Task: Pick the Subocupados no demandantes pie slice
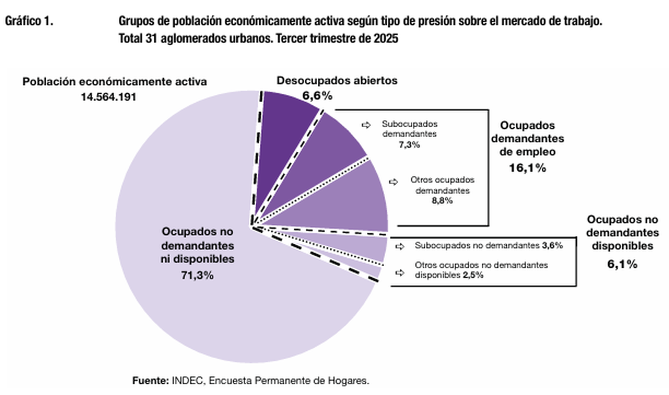click(x=368, y=248)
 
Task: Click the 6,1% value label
click(x=622, y=264)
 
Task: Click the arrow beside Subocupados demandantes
click(x=366, y=126)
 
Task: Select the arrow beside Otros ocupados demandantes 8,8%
click(x=394, y=181)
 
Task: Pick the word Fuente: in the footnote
click(x=150, y=380)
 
